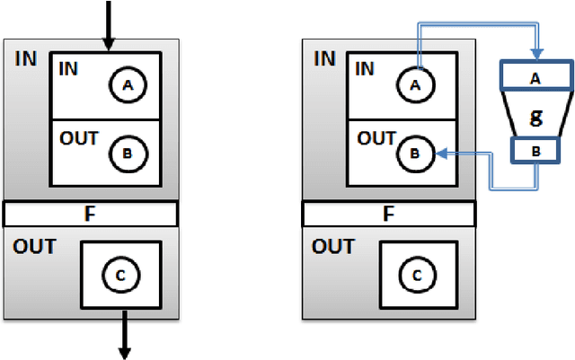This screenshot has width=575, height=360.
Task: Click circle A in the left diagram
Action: pos(128,84)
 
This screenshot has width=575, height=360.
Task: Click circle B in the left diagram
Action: pos(128,153)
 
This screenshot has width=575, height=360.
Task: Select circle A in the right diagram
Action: pos(415,84)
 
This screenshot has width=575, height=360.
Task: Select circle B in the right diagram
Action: pos(415,154)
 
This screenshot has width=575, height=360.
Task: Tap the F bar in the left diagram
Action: pos(90,214)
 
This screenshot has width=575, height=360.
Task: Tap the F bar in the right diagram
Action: pos(388,214)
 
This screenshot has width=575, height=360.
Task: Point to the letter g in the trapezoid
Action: pos(535,116)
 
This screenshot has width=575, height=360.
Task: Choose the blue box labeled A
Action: pos(535,78)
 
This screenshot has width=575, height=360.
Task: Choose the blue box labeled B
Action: pos(535,151)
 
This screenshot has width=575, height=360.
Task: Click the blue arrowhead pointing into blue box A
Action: pos(535,53)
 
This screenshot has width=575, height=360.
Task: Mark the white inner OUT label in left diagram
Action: pos(78,139)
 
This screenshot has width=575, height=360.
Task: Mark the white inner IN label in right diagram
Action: pos(365,68)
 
